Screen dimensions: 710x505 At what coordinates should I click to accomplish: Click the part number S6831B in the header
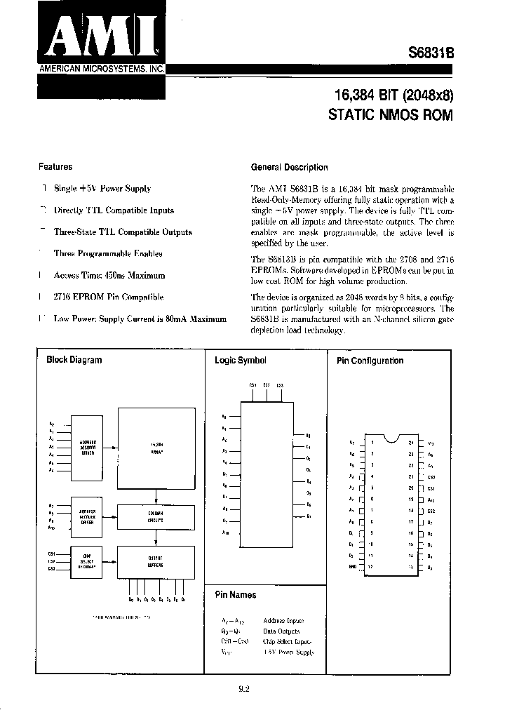click(431, 53)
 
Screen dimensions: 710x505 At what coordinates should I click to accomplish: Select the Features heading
click(55, 167)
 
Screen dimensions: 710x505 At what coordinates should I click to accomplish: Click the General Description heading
click(289, 168)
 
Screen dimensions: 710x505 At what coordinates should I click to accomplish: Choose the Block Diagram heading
click(74, 360)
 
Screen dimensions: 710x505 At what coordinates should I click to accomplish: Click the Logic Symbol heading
click(241, 361)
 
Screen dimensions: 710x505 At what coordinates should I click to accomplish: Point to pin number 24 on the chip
click(410, 442)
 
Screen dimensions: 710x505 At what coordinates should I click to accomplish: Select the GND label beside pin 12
click(351, 566)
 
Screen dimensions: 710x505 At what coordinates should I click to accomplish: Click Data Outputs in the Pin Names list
click(281, 631)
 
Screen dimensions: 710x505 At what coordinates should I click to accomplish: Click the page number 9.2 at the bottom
click(244, 688)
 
